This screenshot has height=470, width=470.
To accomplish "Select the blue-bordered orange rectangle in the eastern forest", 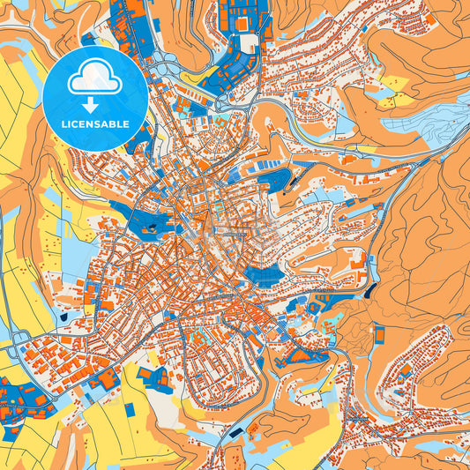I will click(x=379, y=334).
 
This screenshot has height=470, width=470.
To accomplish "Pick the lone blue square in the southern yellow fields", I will click(x=131, y=409).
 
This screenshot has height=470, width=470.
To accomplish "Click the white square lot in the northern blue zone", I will click(x=249, y=42).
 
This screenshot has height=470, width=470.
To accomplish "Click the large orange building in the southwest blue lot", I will click(x=19, y=392).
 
